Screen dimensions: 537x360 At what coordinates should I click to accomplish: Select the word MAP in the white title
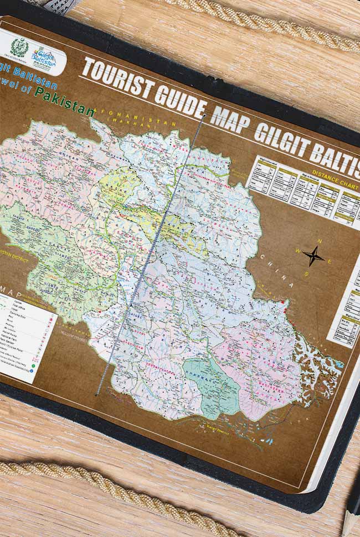pos(230,120)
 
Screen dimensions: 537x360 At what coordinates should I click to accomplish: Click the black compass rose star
pos(313,256)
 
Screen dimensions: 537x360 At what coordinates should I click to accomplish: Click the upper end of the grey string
pos(205,115)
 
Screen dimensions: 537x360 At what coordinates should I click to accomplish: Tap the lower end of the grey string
pos(96,394)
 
